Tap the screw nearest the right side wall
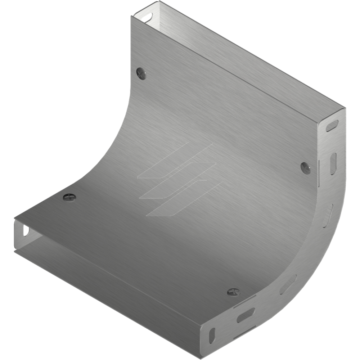point(306,167)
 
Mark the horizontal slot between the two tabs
point(246,316)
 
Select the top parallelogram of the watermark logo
point(175,161)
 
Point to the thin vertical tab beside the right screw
point(319,173)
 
